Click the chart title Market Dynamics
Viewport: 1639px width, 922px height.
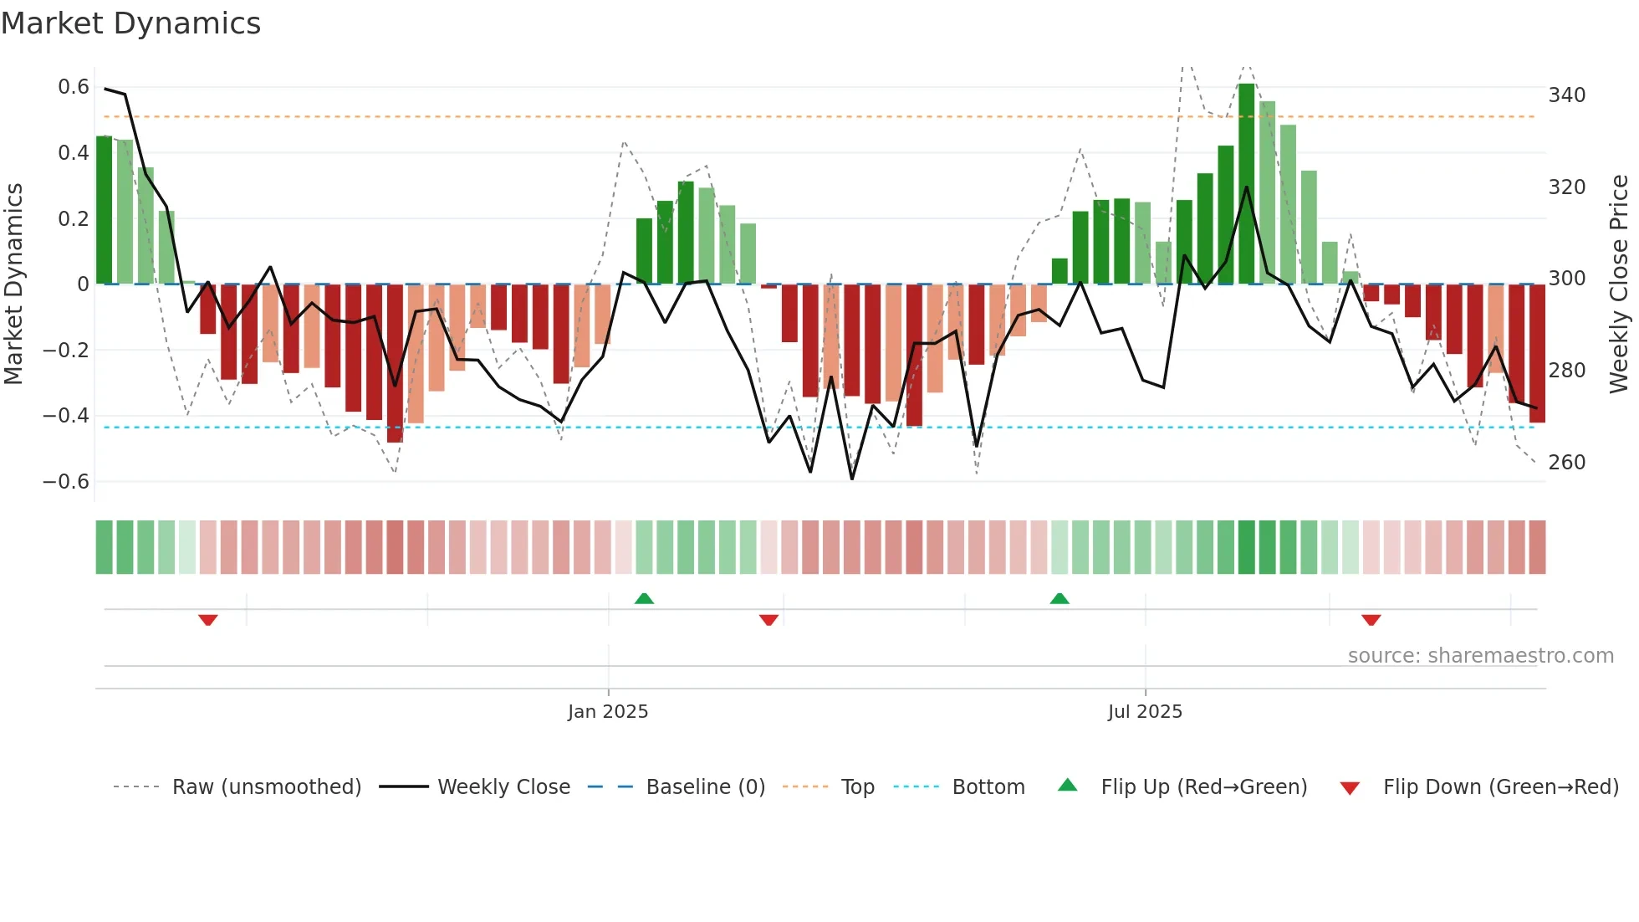[130, 23]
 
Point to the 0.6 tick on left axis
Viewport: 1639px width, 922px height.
[73, 87]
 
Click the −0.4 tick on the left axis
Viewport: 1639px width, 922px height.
[65, 416]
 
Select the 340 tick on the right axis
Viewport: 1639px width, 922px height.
[1566, 95]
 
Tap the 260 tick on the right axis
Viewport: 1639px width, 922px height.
[1566, 463]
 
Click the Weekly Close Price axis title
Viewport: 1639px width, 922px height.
[1619, 284]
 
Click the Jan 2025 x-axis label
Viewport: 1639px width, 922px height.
[608, 712]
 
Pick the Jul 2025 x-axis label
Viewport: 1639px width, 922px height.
[1145, 712]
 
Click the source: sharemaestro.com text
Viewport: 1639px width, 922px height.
[1480, 656]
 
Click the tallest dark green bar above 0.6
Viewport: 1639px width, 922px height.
[1246, 184]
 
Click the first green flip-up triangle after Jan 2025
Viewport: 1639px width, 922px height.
[644, 598]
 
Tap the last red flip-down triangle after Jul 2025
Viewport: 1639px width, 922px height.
[1371, 620]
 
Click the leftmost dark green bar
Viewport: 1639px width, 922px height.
[104, 209]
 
